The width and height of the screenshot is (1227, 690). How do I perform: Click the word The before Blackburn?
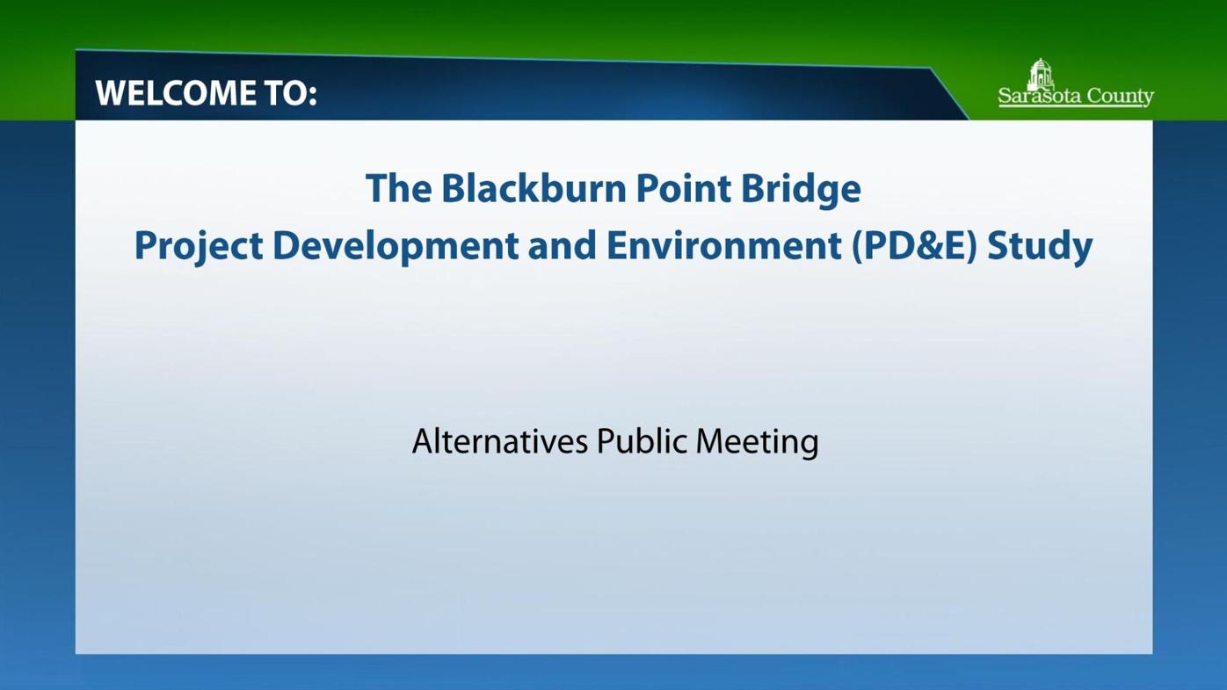coord(397,188)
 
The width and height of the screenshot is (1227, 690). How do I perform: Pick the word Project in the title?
coord(198,246)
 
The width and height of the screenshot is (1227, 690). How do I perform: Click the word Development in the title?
coord(395,246)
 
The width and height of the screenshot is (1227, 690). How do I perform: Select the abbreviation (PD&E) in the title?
coord(914,246)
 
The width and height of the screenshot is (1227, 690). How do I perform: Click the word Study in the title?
coord(1040,246)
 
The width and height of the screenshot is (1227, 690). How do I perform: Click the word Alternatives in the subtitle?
coord(499,441)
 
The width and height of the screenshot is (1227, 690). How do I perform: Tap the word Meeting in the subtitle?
coord(757,441)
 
